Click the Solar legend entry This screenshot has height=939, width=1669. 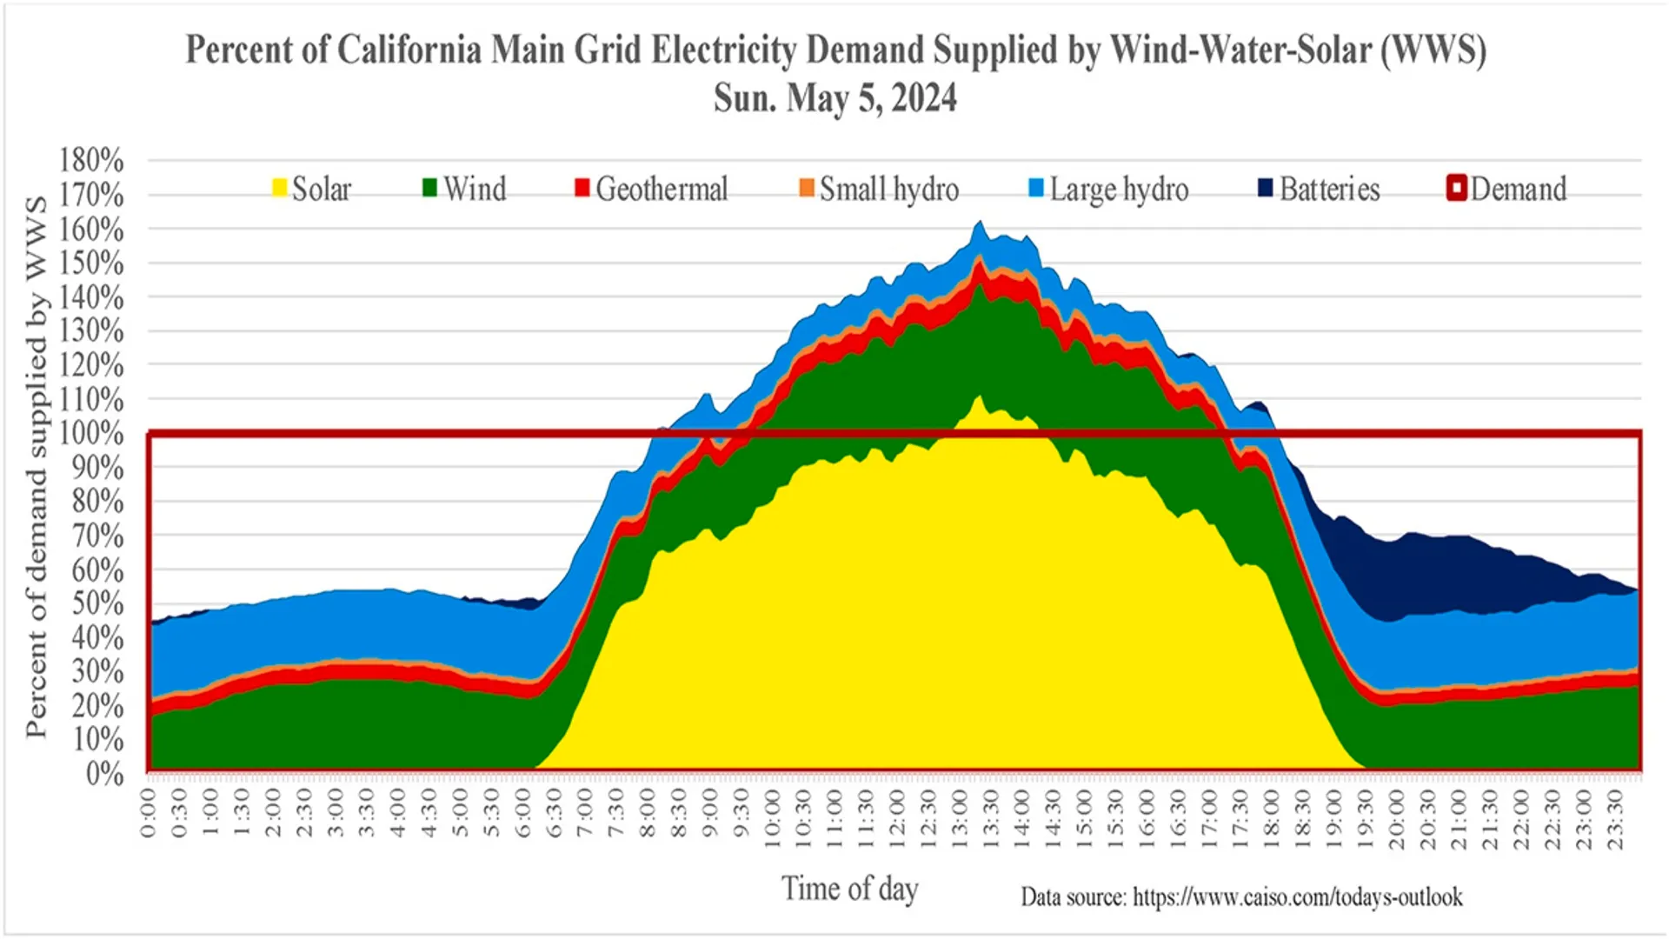tap(311, 189)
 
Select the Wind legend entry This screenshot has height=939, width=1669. tap(464, 189)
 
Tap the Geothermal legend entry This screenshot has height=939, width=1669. tap(651, 189)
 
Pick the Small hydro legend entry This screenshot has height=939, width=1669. tap(879, 189)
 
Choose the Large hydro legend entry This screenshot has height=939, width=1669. tap(1108, 189)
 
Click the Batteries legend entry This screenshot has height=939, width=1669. tap(1319, 189)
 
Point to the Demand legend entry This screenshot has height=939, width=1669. tap(1507, 189)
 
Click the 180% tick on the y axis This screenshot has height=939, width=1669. tap(91, 160)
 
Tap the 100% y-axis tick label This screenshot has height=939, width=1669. tap(91, 432)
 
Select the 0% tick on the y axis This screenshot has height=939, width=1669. tap(104, 773)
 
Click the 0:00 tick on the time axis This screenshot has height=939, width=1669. tap(149, 813)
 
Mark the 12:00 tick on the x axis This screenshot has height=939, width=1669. tap(897, 813)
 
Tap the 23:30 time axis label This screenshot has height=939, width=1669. tap(1615, 813)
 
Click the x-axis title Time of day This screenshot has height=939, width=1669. tap(849, 889)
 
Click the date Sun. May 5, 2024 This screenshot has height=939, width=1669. tap(834, 97)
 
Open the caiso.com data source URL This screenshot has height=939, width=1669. tap(1297, 896)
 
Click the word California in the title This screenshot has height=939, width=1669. tap(409, 50)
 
